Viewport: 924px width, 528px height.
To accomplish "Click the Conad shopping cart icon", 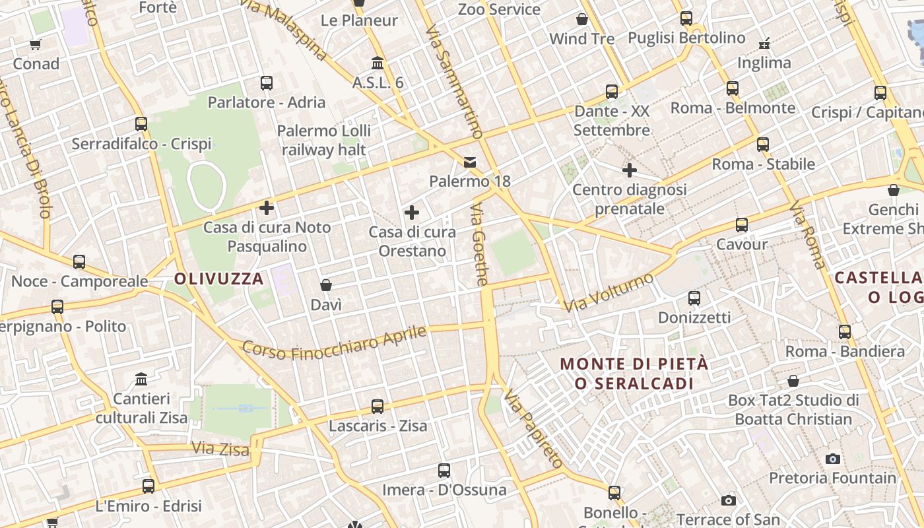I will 36,45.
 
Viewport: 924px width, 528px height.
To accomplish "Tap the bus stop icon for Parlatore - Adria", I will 267,83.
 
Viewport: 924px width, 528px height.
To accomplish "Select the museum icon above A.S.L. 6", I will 378,63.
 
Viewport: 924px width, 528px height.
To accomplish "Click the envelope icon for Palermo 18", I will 470,162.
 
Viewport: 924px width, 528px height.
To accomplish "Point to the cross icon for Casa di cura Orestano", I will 412,213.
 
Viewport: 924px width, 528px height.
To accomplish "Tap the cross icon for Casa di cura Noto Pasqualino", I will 267,208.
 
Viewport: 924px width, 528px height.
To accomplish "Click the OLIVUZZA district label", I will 219,279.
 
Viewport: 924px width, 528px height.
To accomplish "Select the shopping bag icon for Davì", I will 325,285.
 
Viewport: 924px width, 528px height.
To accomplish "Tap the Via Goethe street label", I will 479,244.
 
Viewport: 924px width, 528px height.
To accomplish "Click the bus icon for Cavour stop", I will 742,225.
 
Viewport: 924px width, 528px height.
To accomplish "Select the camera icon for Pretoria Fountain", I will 833,459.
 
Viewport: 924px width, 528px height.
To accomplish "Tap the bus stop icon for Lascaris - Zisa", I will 378,407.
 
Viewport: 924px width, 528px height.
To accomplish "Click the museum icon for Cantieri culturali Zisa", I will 141,379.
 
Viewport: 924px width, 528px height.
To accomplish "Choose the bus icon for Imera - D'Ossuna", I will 444,471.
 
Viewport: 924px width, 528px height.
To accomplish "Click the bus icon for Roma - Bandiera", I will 845,332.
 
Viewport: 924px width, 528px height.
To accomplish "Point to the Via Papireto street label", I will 533,428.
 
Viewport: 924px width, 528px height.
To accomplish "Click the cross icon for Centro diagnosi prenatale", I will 630,170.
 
